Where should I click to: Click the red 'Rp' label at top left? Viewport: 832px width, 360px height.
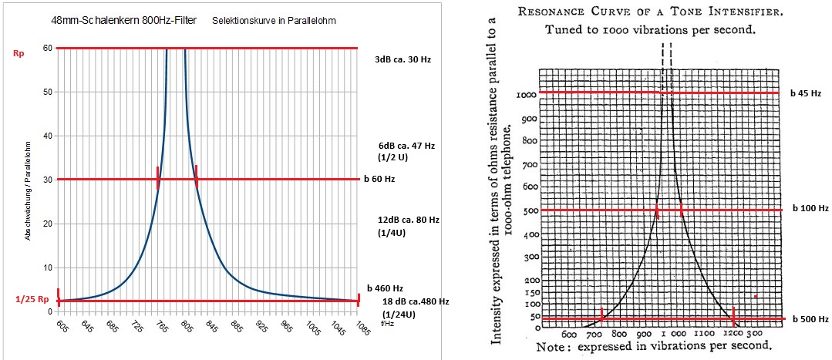coord(19,54)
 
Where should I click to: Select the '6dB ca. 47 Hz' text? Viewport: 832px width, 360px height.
coord(406,144)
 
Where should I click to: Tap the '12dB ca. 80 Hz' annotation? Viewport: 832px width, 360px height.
coord(408,220)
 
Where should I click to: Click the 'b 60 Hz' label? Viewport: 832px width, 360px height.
coord(379,179)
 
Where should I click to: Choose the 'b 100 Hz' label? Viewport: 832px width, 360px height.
coord(808,208)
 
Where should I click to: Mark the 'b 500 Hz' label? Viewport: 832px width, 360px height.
coord(808,319)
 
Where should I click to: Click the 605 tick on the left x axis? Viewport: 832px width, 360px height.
coord(61,326)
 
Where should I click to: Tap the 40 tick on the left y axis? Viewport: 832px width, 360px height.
coord(47,136)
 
